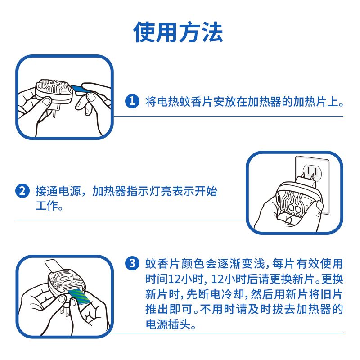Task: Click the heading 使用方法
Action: click(x=178, y=32)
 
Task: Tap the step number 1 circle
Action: click(x=132, y=101)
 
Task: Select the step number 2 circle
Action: click(x=22, y=191)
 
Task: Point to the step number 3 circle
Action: click(x=132, y=263)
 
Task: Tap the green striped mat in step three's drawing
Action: click(x=78, y=296)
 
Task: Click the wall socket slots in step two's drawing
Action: click(x=312, y=171)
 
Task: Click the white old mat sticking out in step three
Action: click(x=53, y=265)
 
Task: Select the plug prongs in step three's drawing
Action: click(x=65, y=312)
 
